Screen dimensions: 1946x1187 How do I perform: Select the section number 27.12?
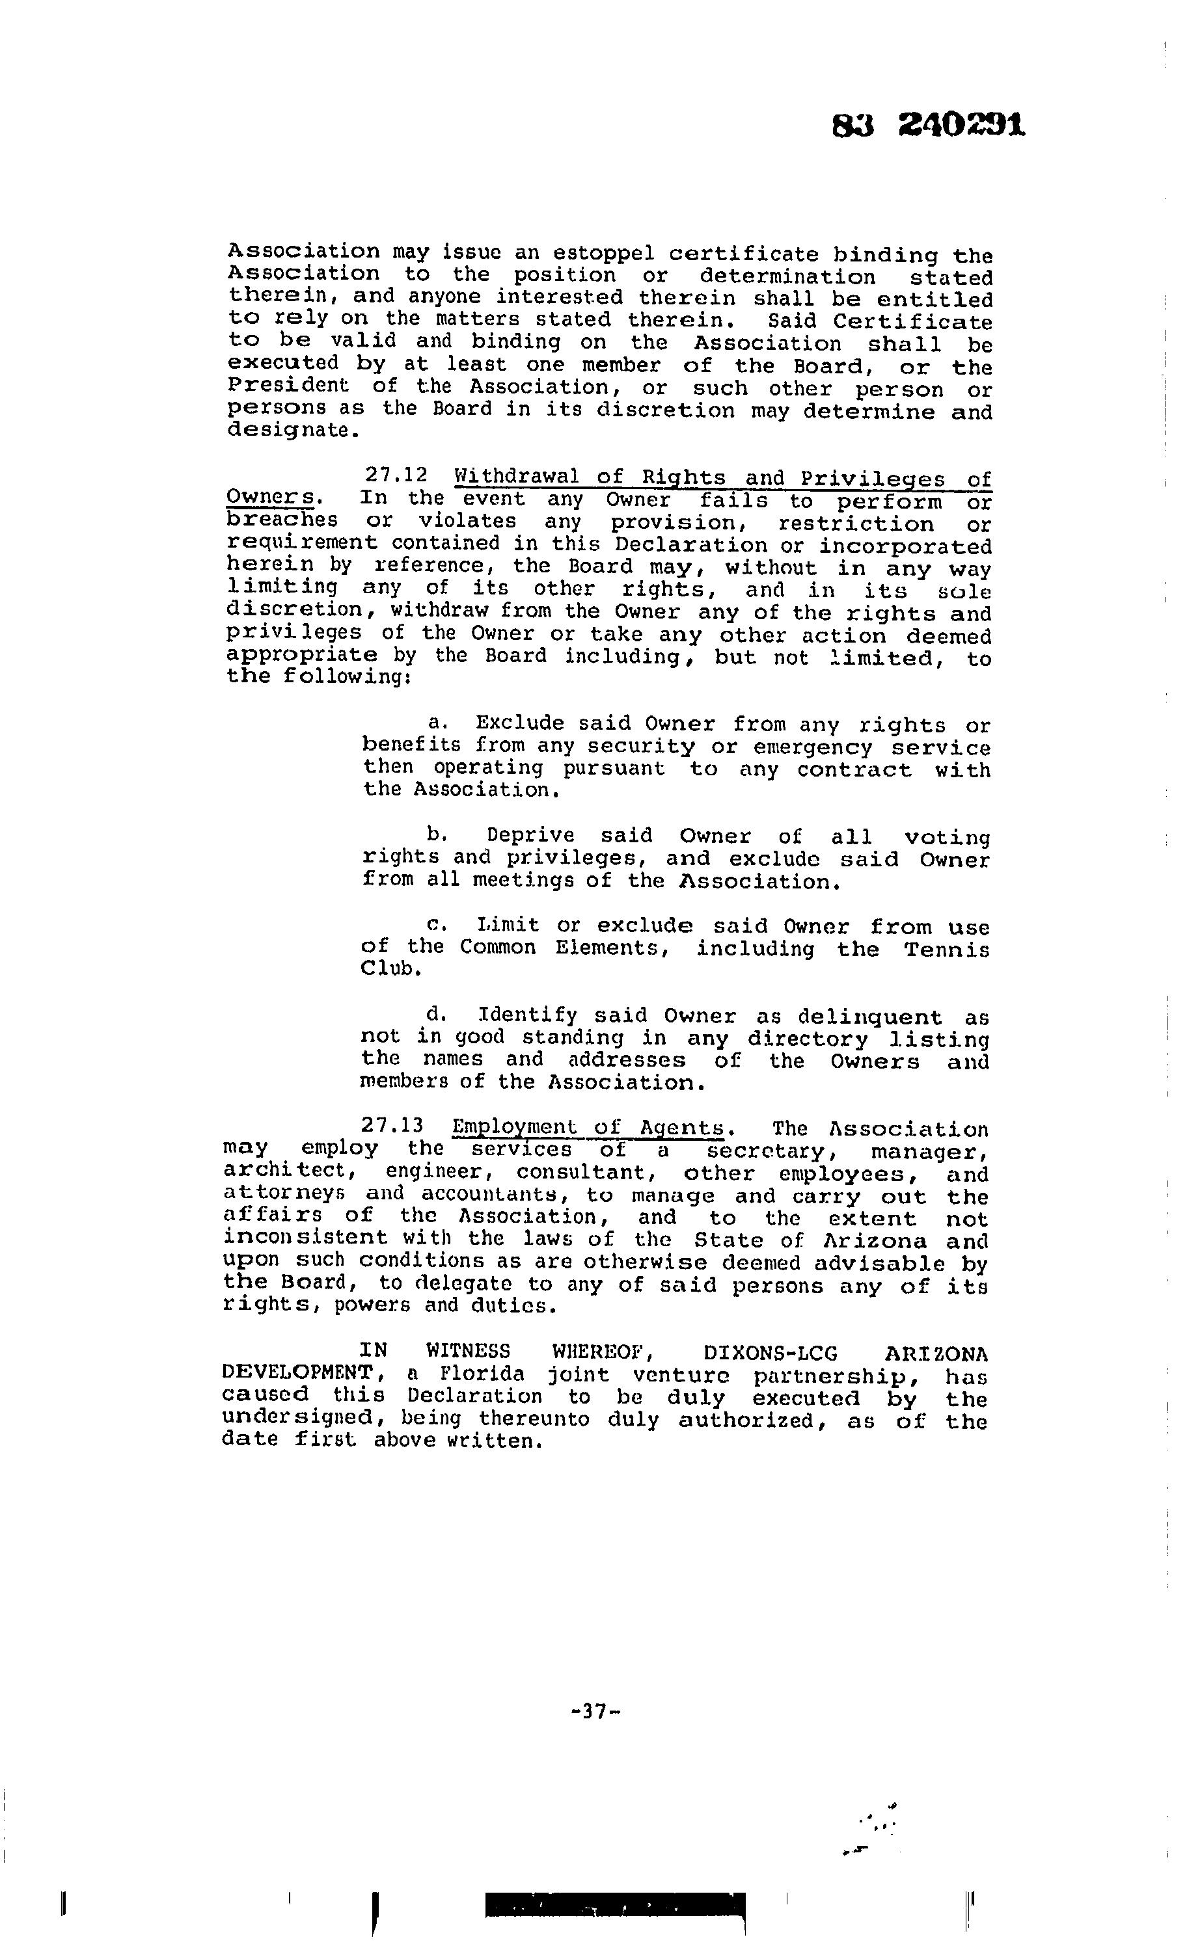(x=396, y=475)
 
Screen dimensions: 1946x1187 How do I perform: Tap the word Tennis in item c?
(x=947, y=950)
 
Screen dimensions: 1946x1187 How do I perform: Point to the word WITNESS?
(x=468, y=1352)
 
